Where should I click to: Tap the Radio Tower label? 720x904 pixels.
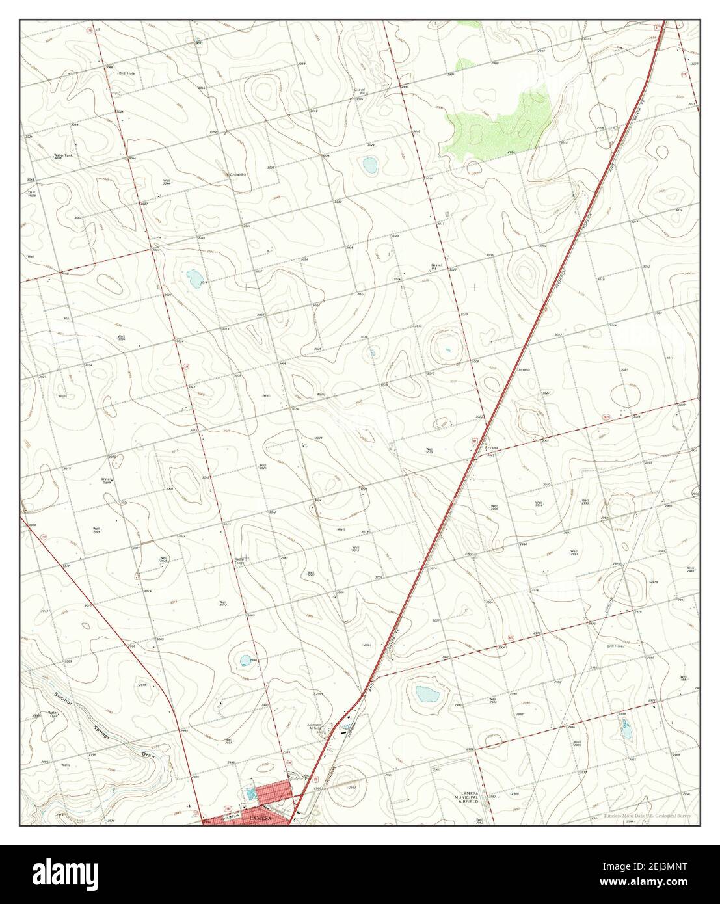click(x=239, y=561)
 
